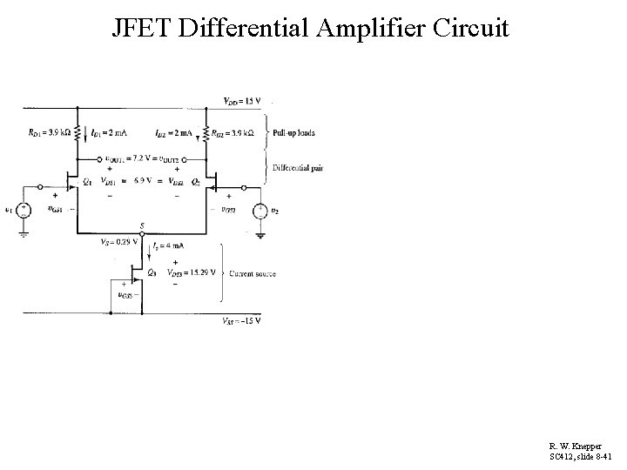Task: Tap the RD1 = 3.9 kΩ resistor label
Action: pyautogui.click(x=51, y=133)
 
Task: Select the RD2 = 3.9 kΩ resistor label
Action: pyautogui.click(x=235, y=133)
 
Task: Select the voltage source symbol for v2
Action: pyautogui.click(x=260, y=209)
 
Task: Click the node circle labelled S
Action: pyautogui.click(x=142, y=233)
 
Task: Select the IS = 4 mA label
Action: pyautogui.click(x=168, y=246)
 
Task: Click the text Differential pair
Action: pyautogui.click(x=297, y=167)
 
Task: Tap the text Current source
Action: pyautogui.click(x=252, y=273)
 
